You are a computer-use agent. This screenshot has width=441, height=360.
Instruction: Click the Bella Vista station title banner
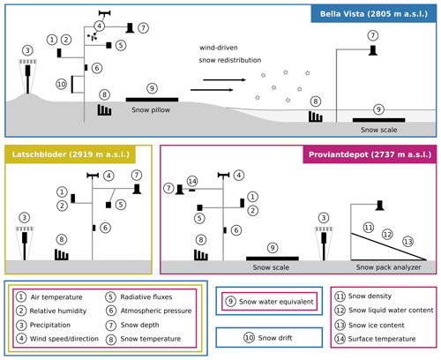click(374, 14)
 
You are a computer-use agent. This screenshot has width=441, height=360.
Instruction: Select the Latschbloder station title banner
click(71, 154)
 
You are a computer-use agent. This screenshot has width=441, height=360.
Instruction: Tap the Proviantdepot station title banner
click(370, 154)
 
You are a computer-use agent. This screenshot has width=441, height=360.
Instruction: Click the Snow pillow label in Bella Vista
click(151, 110)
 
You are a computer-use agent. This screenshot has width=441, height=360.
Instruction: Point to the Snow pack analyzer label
click(388, 267)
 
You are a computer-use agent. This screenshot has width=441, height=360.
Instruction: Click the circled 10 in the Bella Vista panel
click(62, 85)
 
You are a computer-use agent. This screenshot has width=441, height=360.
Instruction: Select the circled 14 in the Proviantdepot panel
click(192, 181)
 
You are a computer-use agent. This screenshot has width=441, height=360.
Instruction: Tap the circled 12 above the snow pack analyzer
click(387, 234)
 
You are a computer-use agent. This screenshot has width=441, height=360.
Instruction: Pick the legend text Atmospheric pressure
click(156, 311)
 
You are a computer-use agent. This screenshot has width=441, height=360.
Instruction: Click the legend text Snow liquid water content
click(391, 311)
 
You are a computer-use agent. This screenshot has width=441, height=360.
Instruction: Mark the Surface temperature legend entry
click(382, 339)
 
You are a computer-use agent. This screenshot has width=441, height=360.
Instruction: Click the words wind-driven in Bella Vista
click(219, 48)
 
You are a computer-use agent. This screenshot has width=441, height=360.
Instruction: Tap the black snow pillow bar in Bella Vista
click(152, 100)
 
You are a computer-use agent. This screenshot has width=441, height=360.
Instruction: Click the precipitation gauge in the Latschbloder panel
click(25, 243)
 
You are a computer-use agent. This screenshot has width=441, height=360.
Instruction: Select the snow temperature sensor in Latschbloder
click(62, 255)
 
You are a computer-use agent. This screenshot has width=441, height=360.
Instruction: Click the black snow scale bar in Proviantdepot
click(273, 259)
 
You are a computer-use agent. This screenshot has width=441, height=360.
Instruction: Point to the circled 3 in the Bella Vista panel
click(27, 50)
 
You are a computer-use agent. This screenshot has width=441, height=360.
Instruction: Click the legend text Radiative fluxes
click(146, 297)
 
